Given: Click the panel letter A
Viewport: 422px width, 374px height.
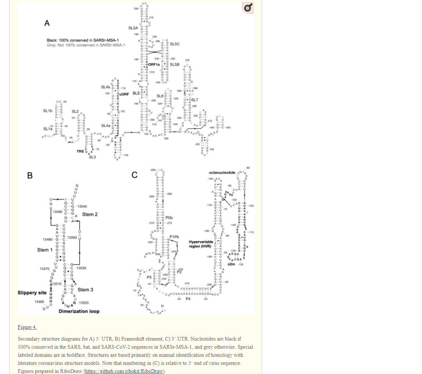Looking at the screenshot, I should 47,23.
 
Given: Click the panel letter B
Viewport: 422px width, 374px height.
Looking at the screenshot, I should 30,175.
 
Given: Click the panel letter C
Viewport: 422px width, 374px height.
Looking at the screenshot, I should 135,175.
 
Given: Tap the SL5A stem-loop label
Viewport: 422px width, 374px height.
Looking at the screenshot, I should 133,28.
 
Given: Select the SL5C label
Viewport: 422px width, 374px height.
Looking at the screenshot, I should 174,44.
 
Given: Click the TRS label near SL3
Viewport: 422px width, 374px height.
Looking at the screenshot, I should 80,151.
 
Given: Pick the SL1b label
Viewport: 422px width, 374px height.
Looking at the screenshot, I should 47,111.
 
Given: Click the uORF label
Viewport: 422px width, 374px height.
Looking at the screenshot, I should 124,94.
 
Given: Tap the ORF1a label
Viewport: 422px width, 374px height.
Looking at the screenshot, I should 155,65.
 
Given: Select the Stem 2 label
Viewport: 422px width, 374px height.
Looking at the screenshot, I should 90,214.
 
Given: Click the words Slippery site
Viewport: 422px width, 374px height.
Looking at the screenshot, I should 32,293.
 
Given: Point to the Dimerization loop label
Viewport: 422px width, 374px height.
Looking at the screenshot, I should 79,311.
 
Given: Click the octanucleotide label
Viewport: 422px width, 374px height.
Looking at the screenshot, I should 222,173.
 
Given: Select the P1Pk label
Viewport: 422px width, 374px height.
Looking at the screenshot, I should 174,237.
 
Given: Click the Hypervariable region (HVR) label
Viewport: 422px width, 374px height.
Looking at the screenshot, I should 200,244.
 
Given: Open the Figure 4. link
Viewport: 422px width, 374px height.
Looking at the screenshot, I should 27,327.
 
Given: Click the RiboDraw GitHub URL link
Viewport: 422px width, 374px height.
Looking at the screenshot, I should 125,371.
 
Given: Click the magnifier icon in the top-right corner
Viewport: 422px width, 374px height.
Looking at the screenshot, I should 248,8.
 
